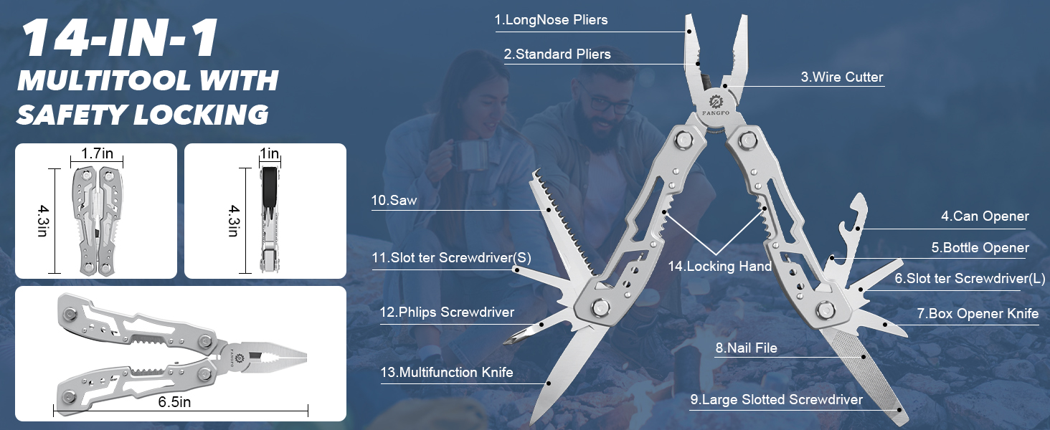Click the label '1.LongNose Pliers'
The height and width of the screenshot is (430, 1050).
coord(551,20)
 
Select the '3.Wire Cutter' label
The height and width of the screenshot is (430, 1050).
coord(841,77)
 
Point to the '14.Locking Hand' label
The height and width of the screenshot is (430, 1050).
coord(719,267)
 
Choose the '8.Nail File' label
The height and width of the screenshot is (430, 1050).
coord(746,349)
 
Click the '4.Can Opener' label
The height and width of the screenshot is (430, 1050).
coord(985,216)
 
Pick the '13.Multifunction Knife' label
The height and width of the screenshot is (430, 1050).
coord(446,373)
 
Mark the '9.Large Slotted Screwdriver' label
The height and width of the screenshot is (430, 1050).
coord(776,400)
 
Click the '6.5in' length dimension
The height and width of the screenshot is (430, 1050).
coord(175,402)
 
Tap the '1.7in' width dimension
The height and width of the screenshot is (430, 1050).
coord(97,153)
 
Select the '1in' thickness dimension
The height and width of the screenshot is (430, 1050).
coord(269,153)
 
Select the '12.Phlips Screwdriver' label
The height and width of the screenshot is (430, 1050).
coord(447,312)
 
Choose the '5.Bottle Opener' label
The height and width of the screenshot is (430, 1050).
coord(980,248)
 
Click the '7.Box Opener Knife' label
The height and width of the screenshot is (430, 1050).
coord(977,314)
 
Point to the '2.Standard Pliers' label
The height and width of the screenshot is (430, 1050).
coord(557,54)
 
